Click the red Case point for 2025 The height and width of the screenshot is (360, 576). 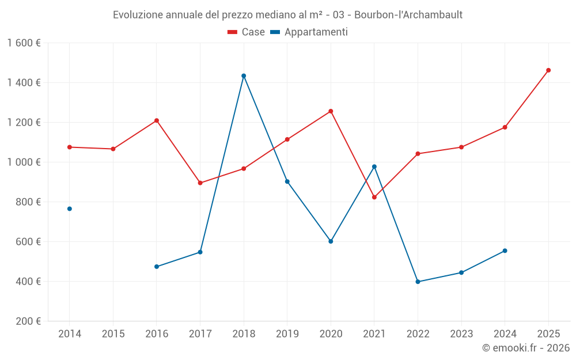[548, 70]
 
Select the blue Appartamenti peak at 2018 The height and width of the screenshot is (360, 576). [244, 75]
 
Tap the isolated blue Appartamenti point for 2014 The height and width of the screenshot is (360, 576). [70, 209]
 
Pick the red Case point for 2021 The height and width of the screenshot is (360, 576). [374, 197]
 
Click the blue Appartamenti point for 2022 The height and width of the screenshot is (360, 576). [418, 282]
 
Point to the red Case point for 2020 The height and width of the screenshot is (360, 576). [331, 111]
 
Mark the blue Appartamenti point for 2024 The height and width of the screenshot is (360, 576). [505, 251]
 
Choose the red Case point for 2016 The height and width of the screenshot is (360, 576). [157, 120]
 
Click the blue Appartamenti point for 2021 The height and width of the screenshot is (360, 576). [374, 166]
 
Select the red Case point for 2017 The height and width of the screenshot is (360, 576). [200, 183]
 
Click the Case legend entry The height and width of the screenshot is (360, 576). [247, 32]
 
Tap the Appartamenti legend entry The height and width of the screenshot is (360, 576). [309, 32]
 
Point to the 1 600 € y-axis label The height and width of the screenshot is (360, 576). [24, 43]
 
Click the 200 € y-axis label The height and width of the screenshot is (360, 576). [29, 321]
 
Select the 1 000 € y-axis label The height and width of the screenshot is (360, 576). [24, 162]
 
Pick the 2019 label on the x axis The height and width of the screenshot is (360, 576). [287, 334]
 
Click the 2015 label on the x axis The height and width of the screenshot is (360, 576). [113, 334]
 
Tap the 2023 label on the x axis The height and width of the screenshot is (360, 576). [461, 334]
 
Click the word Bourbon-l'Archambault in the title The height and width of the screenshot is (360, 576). [408, 15]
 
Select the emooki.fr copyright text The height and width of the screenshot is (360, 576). [525, 348]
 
